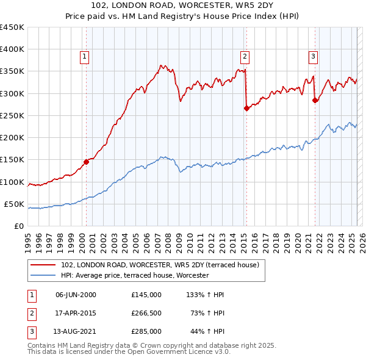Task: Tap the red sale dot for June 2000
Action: tap(86, 162)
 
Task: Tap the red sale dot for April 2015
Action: tap(246, 108)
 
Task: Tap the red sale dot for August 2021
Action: tap(315, 100)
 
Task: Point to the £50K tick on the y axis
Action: tap(15, 204)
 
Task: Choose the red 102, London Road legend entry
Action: tap(160, 265)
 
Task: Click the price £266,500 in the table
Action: tap(146, 313)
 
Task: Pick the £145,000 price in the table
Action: tap(146, 295)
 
